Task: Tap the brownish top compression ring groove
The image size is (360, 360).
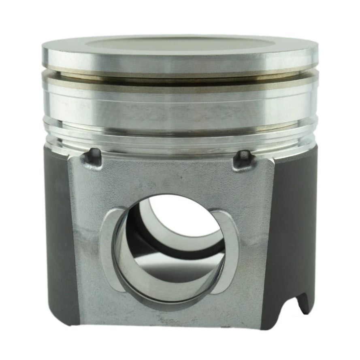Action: pyautogui.click(x=180, y=75)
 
